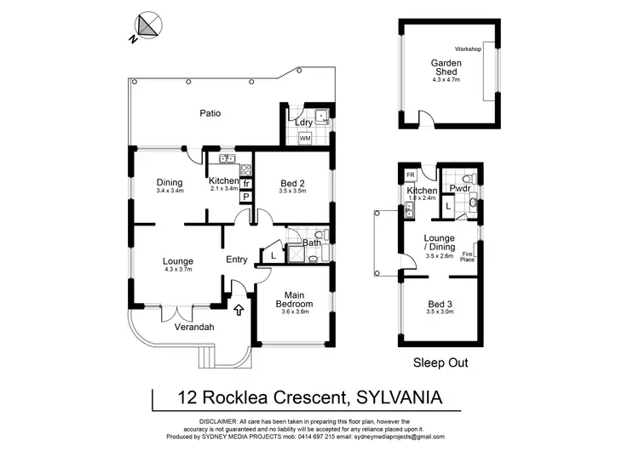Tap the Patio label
(x=211, y=113)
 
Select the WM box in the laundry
(x=304, y=138)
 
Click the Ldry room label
(x=302, y=123)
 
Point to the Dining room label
(x=170, y=181)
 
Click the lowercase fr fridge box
(x=246, y=183)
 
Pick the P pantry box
(x=246, y=197)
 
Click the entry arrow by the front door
(x=239, y=311)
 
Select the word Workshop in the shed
(x=468, y=49)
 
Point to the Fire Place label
(x=467, y=255)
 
